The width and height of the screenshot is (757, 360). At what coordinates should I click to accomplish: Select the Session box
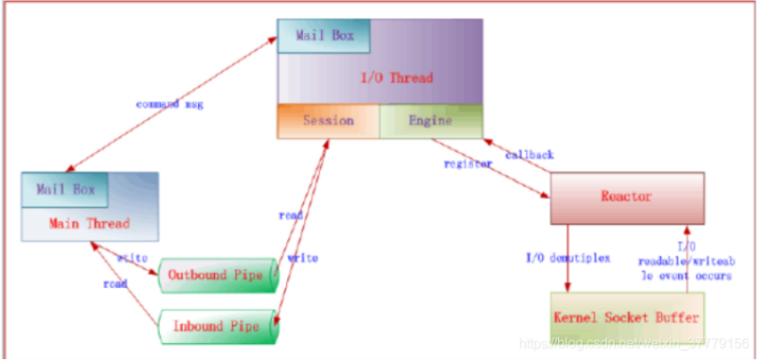[328, 121]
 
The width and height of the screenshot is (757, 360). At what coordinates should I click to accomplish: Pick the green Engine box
[431, 121]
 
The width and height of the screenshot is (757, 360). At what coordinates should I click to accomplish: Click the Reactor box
[627, 197]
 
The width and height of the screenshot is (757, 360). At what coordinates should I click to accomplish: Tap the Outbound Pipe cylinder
[217, 275]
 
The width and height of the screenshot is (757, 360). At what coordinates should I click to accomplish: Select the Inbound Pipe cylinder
[217, 325]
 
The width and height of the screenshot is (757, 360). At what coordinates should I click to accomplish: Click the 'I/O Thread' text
[396, 78]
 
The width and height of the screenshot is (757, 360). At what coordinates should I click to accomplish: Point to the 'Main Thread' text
[89, 223]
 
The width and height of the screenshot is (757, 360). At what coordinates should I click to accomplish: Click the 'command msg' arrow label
[169, 104]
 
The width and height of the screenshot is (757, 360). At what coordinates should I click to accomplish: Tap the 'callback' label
[530, 155]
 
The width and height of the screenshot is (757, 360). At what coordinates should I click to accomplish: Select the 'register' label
[468, 164]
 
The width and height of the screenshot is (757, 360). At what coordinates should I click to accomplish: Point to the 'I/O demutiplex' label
[568, 258]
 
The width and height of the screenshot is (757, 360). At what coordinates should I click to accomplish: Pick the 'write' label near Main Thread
[131, 258]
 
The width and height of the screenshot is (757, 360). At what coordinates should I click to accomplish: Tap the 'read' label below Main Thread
[116, 284]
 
